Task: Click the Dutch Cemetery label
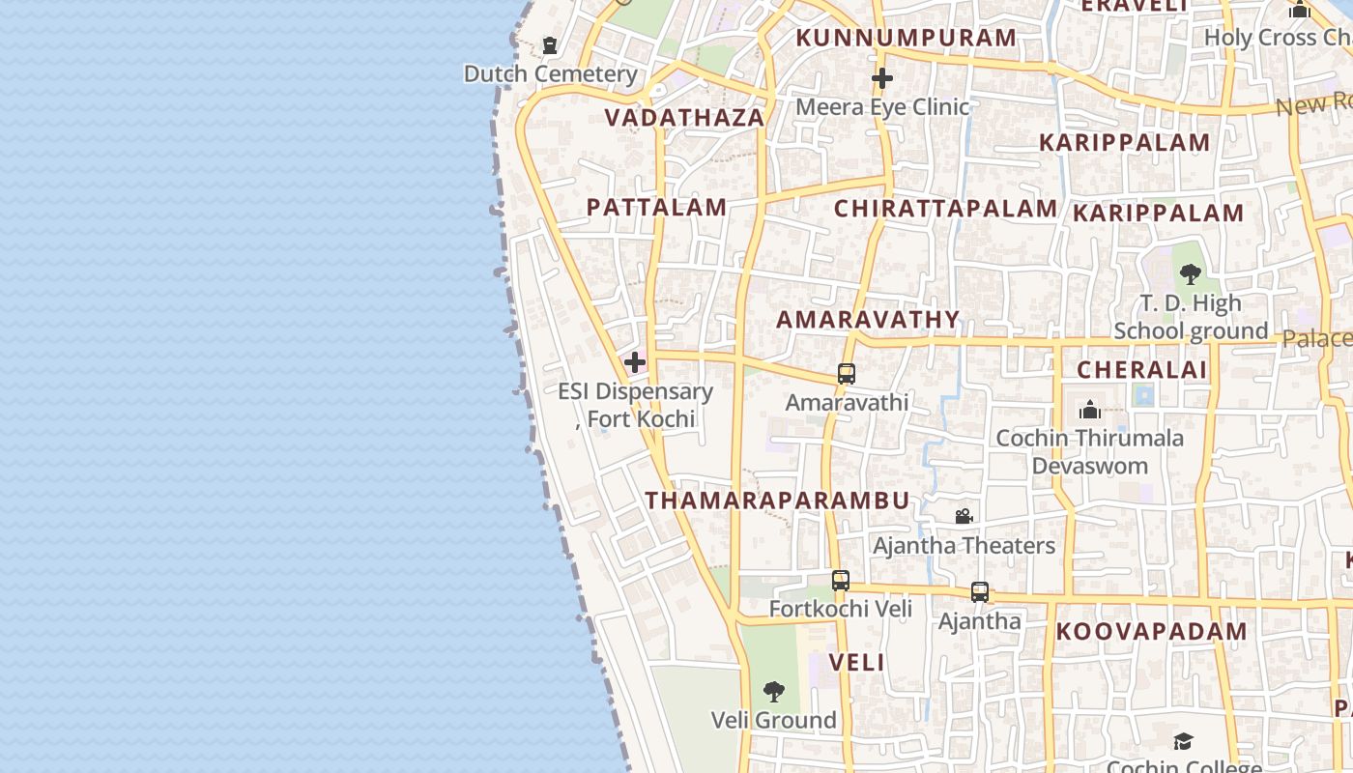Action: pos(550,73)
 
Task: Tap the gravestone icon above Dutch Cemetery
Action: pos(550,45)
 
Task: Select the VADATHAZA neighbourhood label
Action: pos(684,118)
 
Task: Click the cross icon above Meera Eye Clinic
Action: pos(881,78)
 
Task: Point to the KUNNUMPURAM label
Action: pos(906,38)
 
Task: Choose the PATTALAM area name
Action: pos(656,207)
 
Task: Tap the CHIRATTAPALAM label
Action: pos(945,209)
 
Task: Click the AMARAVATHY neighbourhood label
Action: pos(868,320)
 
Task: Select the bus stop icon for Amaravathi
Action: pos(847,374)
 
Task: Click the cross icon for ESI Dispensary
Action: pos(635,363)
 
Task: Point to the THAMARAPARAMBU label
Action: pos(777,501)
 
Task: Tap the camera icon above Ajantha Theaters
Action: pos(964,517)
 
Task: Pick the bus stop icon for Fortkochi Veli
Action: pos(841,581)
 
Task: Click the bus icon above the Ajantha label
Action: pos(980,592)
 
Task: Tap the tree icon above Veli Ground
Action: pos(773,692)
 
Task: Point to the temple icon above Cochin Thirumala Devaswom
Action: pos(1089,410)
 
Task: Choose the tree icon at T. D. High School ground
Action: pos(1191,274)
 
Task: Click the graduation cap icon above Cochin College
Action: pos(1183,741)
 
